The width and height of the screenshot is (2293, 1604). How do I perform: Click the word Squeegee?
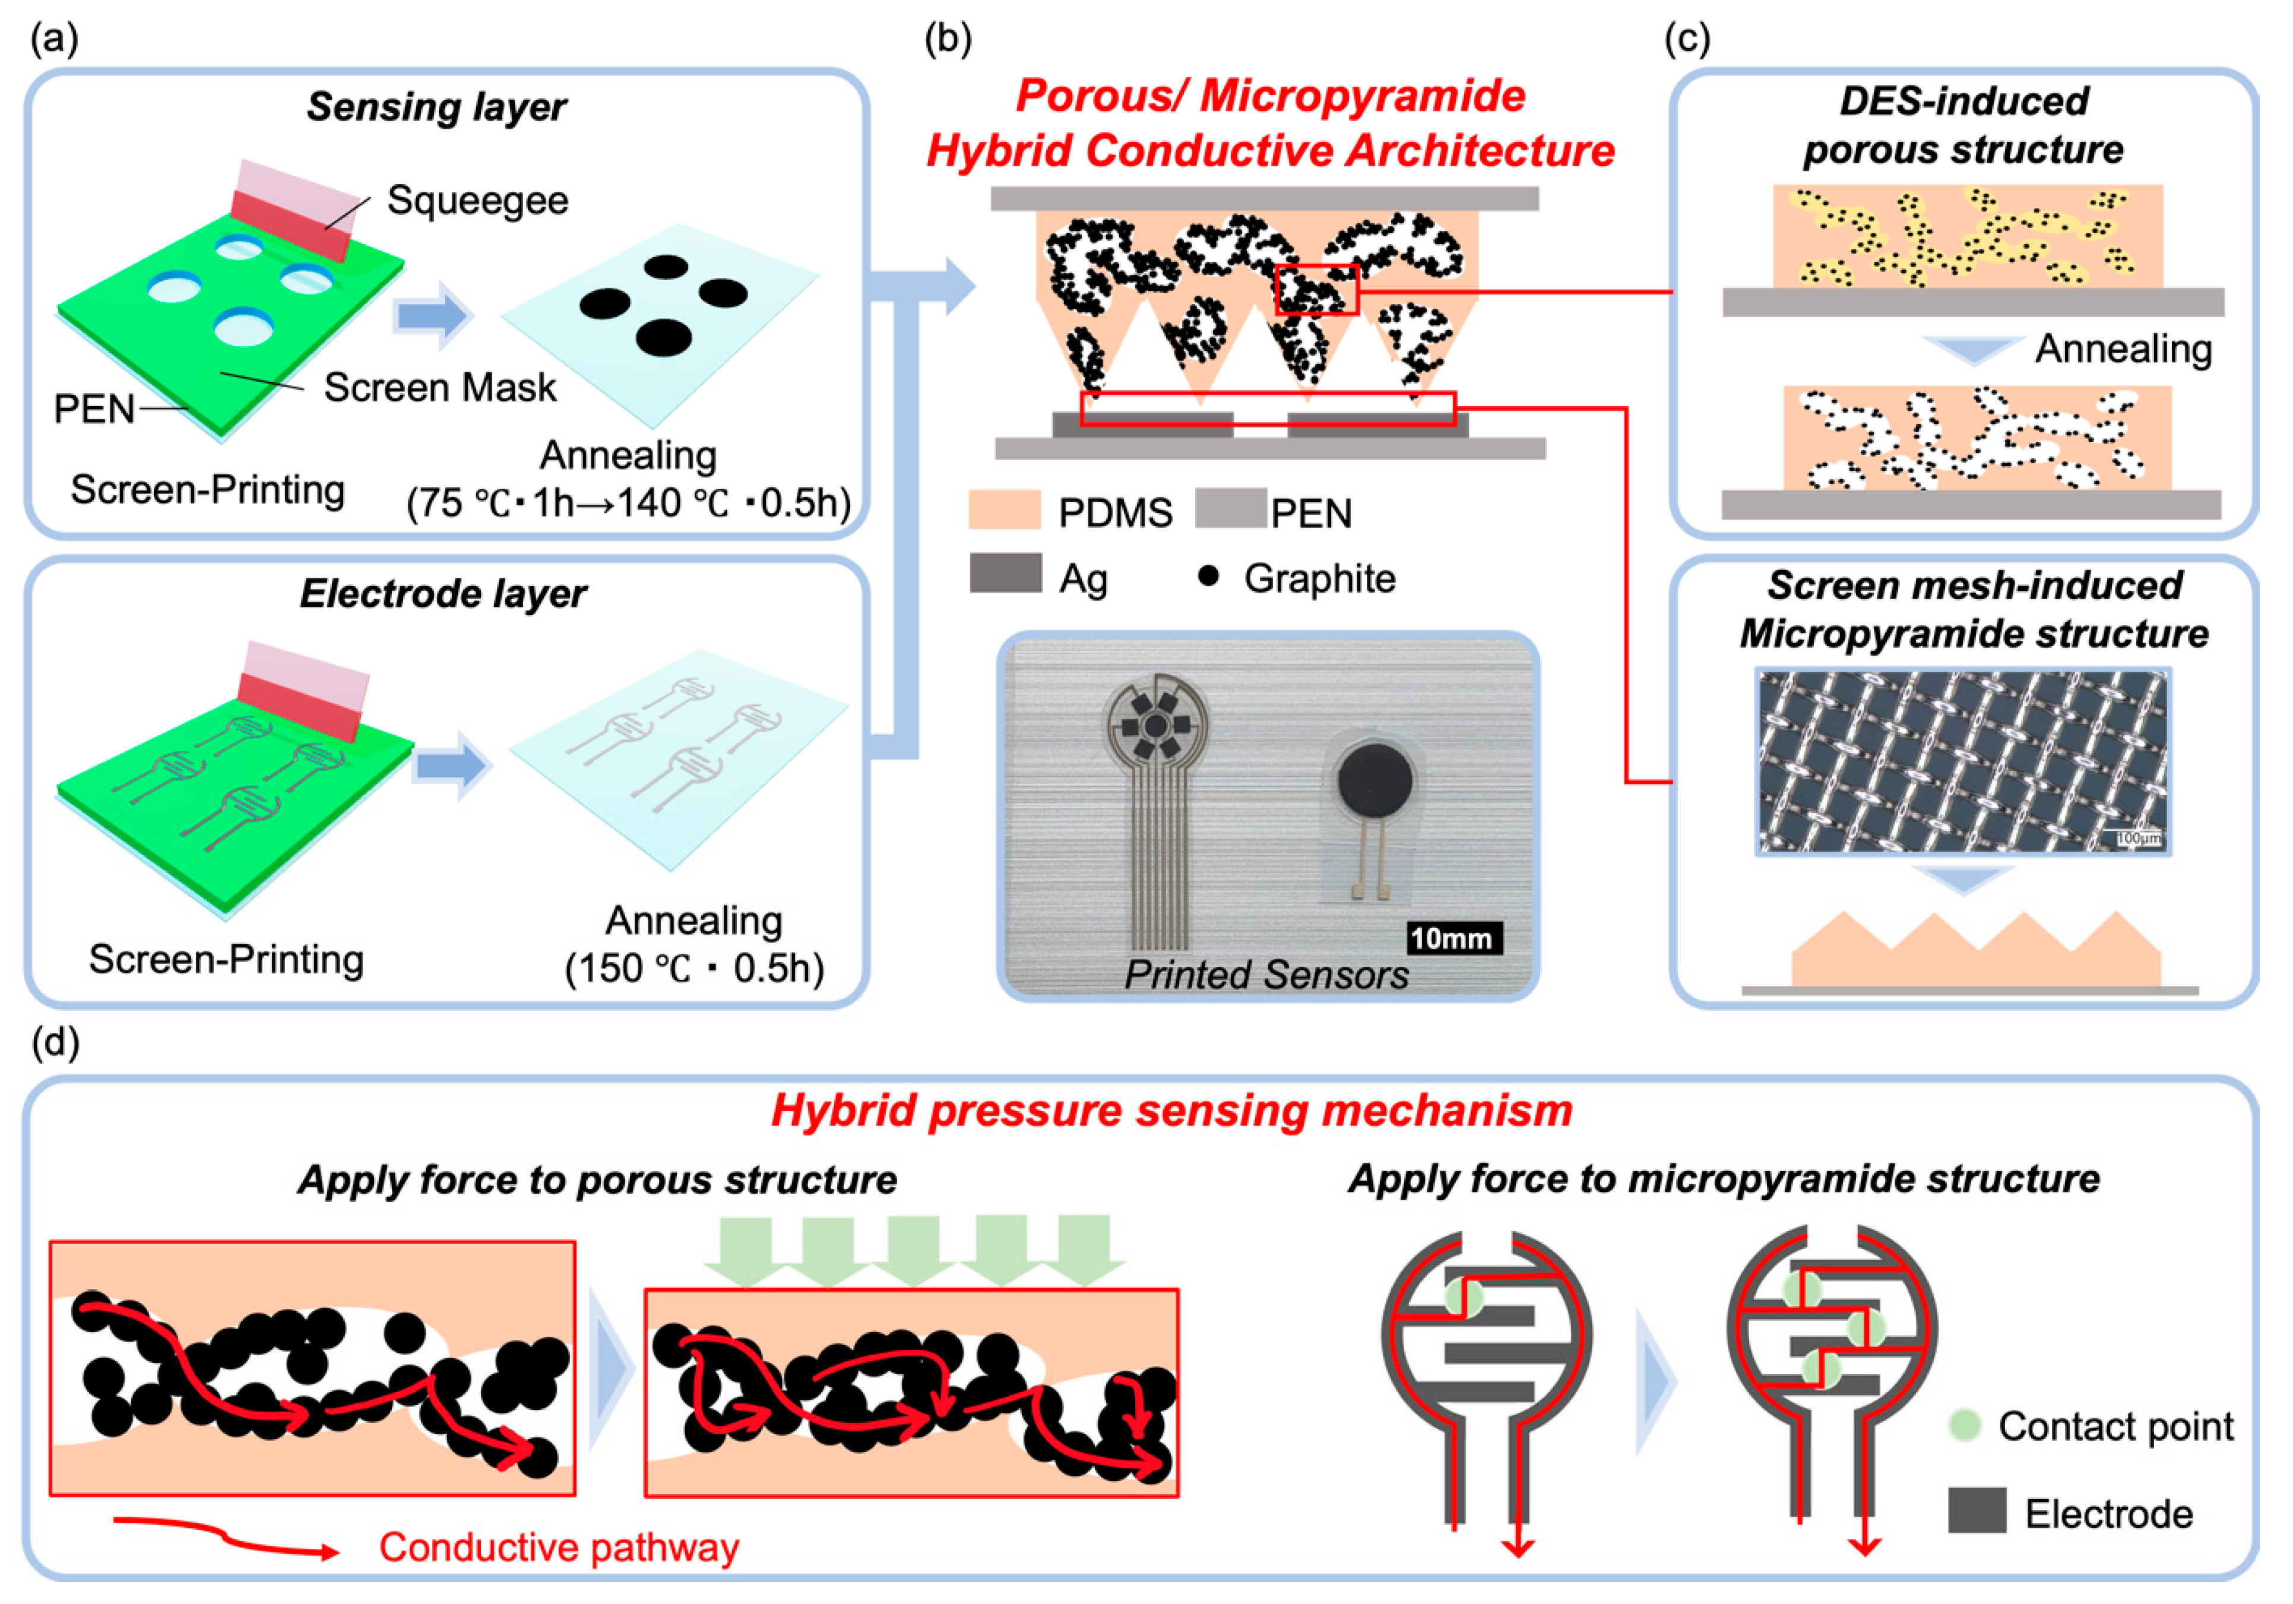(x=477, y=201)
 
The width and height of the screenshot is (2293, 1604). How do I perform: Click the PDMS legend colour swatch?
(x=1003, y=510)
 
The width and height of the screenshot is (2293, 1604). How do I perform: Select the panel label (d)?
(x=55, y=1042)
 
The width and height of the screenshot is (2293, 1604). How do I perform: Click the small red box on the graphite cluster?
(x=1317, y=290)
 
